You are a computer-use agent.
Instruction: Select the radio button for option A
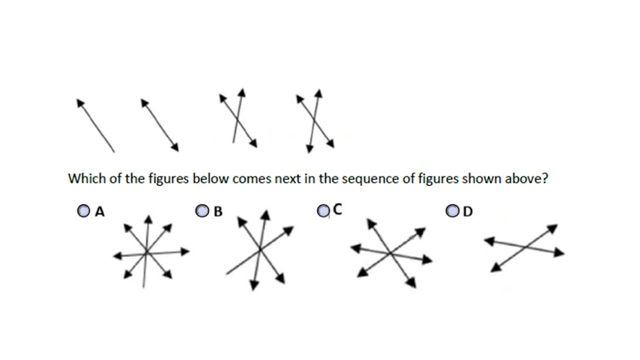coord(84,210)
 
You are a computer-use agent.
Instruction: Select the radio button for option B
coord(203,210)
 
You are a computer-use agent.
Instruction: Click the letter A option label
coord(100,211)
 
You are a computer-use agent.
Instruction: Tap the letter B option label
coord(218,211)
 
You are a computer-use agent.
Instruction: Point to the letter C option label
coord(338,208)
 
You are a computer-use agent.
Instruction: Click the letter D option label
coord(468,211)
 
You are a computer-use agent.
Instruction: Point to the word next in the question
coord(287,179)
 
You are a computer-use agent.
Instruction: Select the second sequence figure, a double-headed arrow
coord(159,124)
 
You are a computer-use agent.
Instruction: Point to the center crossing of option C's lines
coord(391,254)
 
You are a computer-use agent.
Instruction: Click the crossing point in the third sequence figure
coord(238,120)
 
